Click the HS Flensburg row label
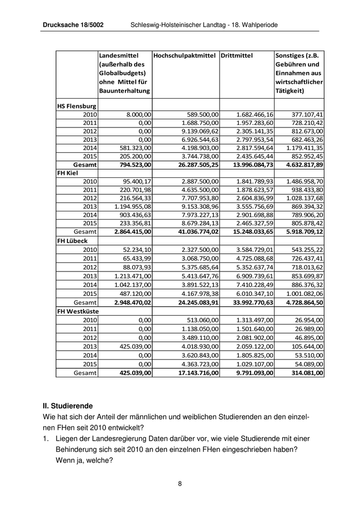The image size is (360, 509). click(x=77, y=106)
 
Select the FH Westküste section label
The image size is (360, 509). click(x=78, y=311)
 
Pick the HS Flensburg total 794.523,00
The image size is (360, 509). click(x=133, y=165)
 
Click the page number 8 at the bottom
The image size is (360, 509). click(x=180, y=483)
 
